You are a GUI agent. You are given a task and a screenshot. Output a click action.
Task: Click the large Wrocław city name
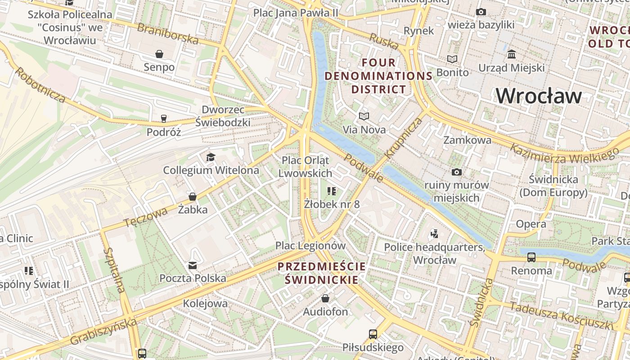[x=539, y=96]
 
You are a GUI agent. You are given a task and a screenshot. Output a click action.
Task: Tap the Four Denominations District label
[x=378, y=76]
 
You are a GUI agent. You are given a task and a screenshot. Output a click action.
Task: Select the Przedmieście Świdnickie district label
[x=322, y=273]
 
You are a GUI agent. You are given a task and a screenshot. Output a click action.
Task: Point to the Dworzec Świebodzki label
[x=223, y=116]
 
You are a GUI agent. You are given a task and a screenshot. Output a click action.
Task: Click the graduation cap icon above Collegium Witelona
[x=211, y=157]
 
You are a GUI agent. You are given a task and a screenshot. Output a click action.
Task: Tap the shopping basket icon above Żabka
[x=193, y=197]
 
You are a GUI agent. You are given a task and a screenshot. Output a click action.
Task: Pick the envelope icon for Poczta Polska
[x=193, y=265]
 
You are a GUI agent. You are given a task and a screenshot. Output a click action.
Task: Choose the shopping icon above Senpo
[x=159, y=54]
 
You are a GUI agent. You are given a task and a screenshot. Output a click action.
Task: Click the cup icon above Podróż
[x=163, y=119]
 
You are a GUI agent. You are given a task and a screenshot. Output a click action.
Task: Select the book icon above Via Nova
[x=364, y=117]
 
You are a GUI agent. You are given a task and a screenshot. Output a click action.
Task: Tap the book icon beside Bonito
[x=452, y=59]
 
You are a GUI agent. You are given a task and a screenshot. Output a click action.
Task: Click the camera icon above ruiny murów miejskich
[x=457, y=172]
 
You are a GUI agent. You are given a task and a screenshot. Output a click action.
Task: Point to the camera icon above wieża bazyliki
[x=481, y=12]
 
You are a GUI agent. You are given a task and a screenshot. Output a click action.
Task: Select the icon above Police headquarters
[x=434, y=234]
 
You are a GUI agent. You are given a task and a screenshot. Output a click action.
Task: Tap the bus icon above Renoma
[x=531, y=257]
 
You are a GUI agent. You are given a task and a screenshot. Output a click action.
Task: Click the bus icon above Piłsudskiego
[x=373, y=334]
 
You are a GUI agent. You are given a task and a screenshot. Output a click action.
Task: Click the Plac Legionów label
[x=310, y=246]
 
